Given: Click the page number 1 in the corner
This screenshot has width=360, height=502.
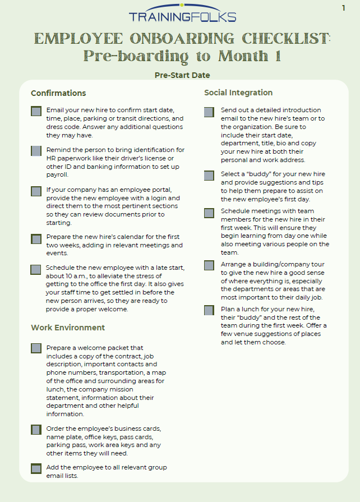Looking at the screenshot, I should (343, 8).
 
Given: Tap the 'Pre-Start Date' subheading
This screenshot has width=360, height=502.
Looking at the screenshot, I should (182, 75).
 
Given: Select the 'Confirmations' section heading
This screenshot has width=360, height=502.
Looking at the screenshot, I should (58, 93).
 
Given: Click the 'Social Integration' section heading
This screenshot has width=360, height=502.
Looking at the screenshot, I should (238, 93).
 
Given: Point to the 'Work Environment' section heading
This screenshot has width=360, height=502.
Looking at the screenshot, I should (68, 328).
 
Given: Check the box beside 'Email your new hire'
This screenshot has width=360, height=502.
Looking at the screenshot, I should (36, 111).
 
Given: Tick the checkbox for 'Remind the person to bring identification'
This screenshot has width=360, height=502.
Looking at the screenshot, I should (36, 151).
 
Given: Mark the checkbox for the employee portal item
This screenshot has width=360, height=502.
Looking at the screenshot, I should (36, 191).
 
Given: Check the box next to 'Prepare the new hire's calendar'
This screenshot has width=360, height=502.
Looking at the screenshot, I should (36, 239).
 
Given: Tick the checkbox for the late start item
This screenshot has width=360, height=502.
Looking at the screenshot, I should (36, 270).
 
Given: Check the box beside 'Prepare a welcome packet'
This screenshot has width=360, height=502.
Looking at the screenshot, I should (36, 348).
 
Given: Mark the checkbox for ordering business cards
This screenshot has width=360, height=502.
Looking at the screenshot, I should (36, 430).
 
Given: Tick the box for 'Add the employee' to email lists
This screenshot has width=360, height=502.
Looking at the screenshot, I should (36, 468).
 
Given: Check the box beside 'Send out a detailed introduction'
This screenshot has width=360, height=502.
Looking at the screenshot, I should (209, 112).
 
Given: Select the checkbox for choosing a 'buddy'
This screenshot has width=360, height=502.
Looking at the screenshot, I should (209, 176).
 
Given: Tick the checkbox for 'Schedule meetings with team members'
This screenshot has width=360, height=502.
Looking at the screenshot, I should (209, 213).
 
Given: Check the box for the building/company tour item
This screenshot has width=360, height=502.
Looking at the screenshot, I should (209, 266).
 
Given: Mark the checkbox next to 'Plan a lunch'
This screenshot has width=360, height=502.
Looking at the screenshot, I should (209, 310).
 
